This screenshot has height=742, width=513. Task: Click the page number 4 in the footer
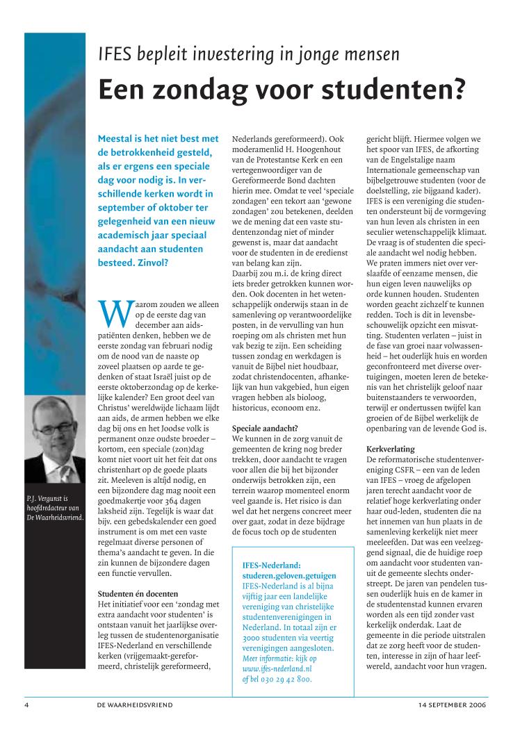26,704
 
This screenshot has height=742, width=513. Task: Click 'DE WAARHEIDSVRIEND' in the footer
136,704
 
